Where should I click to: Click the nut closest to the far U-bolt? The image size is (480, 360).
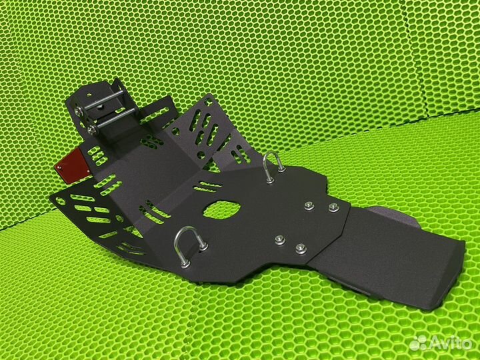tap(309, 206)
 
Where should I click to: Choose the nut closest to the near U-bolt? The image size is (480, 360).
tap(281, 239)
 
